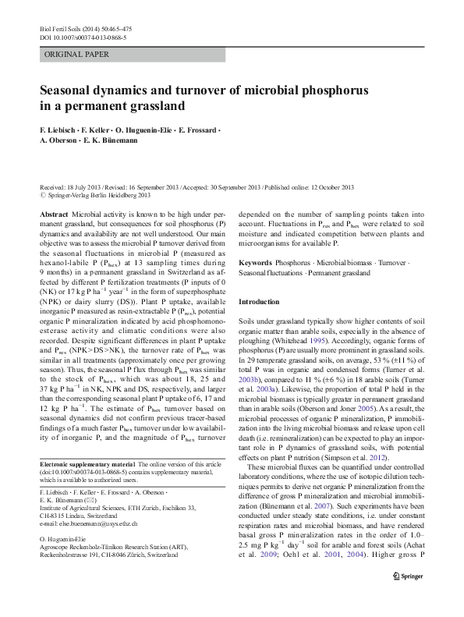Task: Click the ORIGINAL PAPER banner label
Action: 76,55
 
